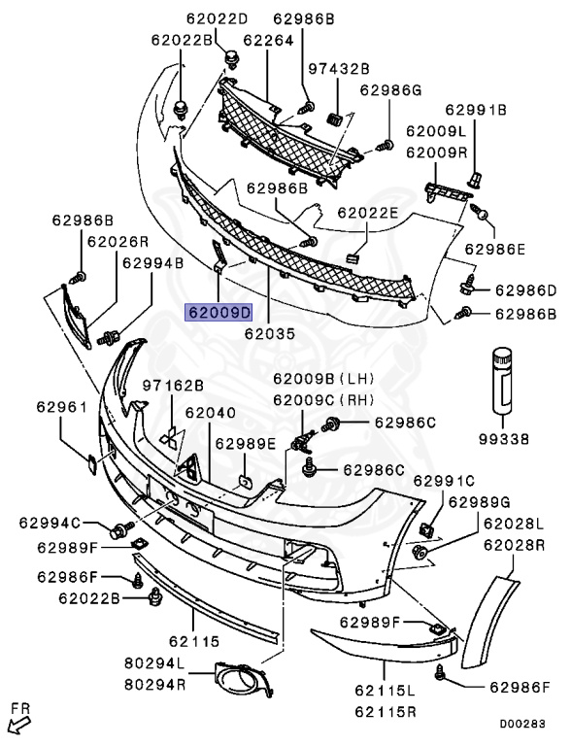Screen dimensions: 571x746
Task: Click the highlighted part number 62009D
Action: click(219, 313)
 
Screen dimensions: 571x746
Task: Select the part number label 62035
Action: click(270, 333)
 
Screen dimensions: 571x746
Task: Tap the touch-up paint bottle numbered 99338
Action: click(502, 379)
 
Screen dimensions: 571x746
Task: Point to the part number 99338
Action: click(503, 439)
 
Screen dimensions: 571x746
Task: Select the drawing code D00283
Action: click(522, 724)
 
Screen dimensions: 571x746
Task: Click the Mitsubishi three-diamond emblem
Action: click(170, 439)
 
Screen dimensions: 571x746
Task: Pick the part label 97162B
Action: click(173, 386)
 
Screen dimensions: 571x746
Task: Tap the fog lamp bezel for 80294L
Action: click(245, 679)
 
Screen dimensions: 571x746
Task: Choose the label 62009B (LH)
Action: click(323, 379)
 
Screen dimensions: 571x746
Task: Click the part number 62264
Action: click(268, 40)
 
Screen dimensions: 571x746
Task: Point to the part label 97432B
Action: click(339, 69)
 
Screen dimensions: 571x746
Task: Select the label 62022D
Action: click(217, 18)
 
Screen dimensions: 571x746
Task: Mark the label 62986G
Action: click(390, 90)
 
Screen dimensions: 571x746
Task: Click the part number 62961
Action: click(62, 407)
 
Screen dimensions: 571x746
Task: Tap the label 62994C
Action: click(50, 523)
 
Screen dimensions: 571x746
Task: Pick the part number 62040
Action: click(210, 413)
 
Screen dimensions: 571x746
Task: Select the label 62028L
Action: click(514, 524)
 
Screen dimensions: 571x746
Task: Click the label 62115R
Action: click(385, 712)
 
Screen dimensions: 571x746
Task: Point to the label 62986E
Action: click(495, 249)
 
